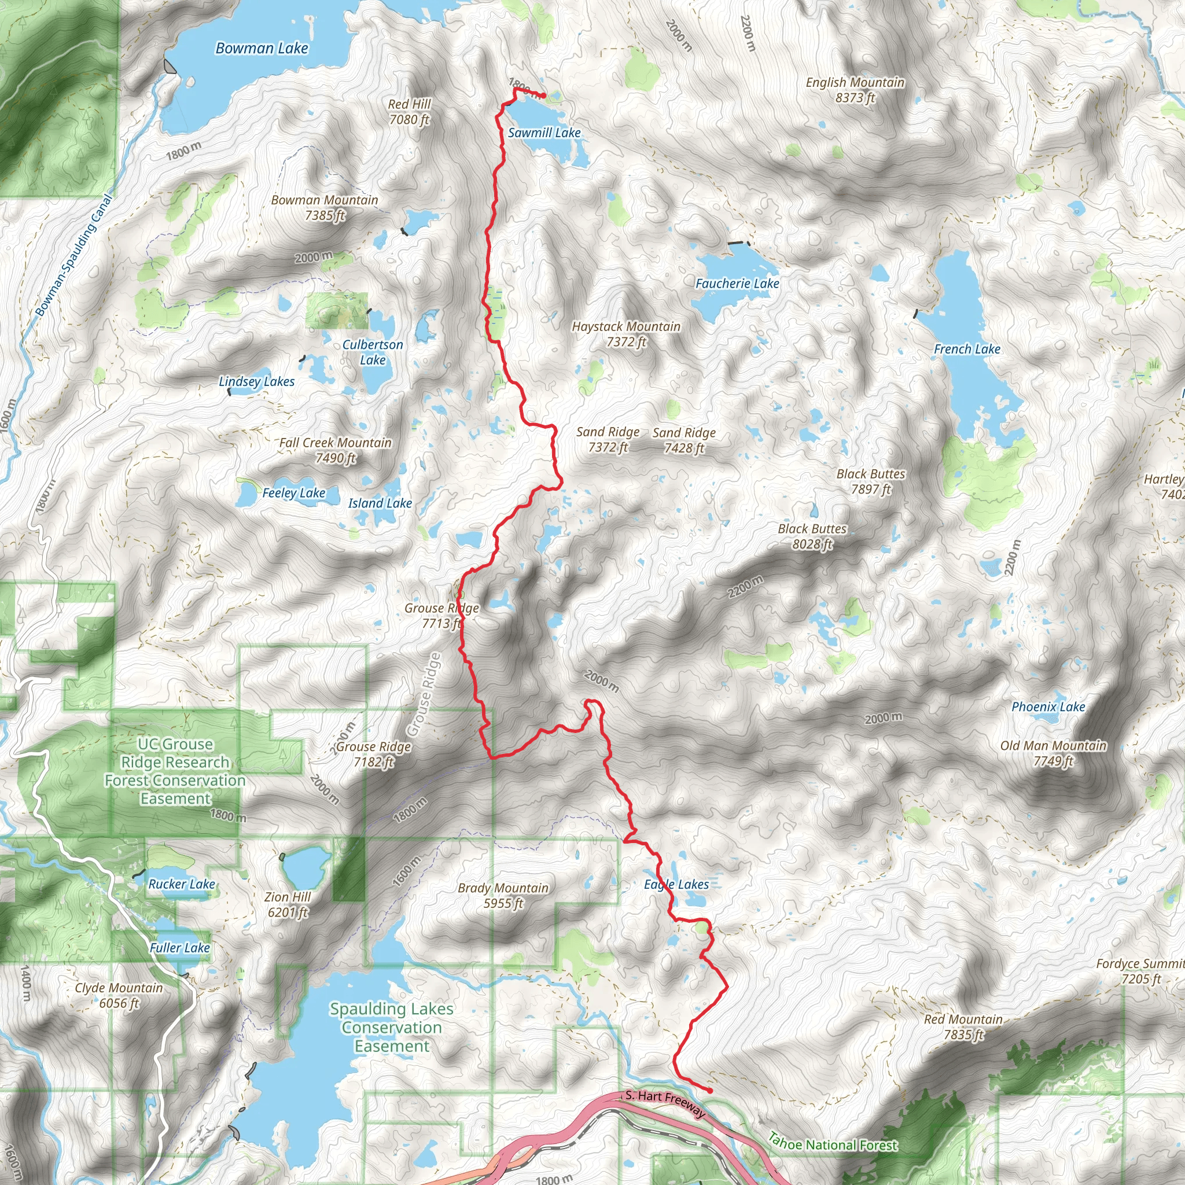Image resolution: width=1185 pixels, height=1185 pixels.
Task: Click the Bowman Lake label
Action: (x=262, y=49)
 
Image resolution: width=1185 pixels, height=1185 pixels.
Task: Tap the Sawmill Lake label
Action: (x=544, y=133)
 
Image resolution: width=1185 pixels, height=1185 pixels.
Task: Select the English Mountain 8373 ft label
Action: (x=855, y=90)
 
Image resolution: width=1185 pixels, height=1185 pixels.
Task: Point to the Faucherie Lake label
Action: (x=737, y=284)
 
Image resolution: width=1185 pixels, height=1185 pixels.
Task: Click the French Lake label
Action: (x=967, y=349)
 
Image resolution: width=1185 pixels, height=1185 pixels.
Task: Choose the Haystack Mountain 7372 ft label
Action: (x=626, y=334)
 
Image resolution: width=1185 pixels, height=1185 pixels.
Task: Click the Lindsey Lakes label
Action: (x=256, y=381)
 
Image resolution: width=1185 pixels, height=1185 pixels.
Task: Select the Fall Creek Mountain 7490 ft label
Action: (x=336, y=450)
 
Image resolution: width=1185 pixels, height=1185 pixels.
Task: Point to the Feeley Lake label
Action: (x=294, y=493)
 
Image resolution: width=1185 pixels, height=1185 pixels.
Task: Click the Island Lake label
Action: (x=380, y=503)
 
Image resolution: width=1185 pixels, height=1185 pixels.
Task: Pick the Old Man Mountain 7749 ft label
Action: (x=1053, y=753)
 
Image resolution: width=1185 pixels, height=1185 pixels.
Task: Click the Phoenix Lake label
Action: (x=1048, y=706)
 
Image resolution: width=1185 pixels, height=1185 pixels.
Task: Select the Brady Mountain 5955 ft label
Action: (x=503, y=896)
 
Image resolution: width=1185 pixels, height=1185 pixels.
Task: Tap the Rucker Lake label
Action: (x=182, y=884)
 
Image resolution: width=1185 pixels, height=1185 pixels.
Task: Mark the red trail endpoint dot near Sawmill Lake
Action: (x=543, y=95)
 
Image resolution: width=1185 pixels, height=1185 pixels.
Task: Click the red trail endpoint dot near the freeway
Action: (x=709, y=1091)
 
